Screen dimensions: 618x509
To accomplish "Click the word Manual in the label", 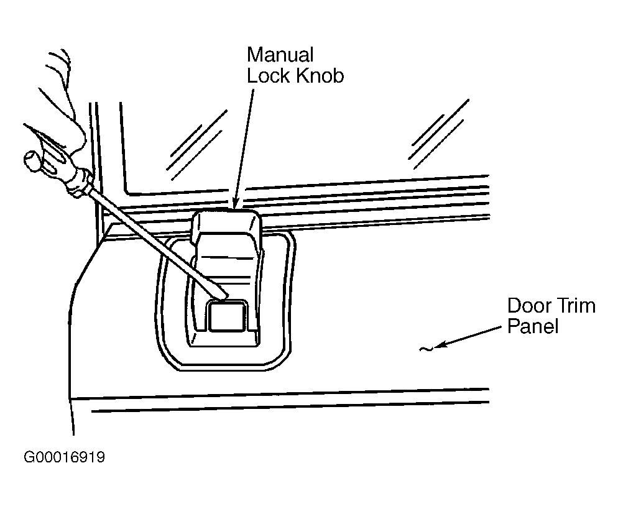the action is point(280,54).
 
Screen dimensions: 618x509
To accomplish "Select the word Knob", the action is point(320,75).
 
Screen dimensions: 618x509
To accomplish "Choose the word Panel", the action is point(533,326).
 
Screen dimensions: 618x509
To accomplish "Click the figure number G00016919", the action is point(64,457).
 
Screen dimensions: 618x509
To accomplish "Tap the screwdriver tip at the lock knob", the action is point(224,295).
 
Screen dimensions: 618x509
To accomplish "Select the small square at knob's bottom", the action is point(227,316).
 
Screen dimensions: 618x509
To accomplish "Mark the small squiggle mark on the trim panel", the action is point(426,349).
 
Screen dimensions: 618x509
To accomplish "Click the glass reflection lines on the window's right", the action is point(438,135).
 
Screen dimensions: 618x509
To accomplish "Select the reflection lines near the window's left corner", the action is point(196,145).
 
